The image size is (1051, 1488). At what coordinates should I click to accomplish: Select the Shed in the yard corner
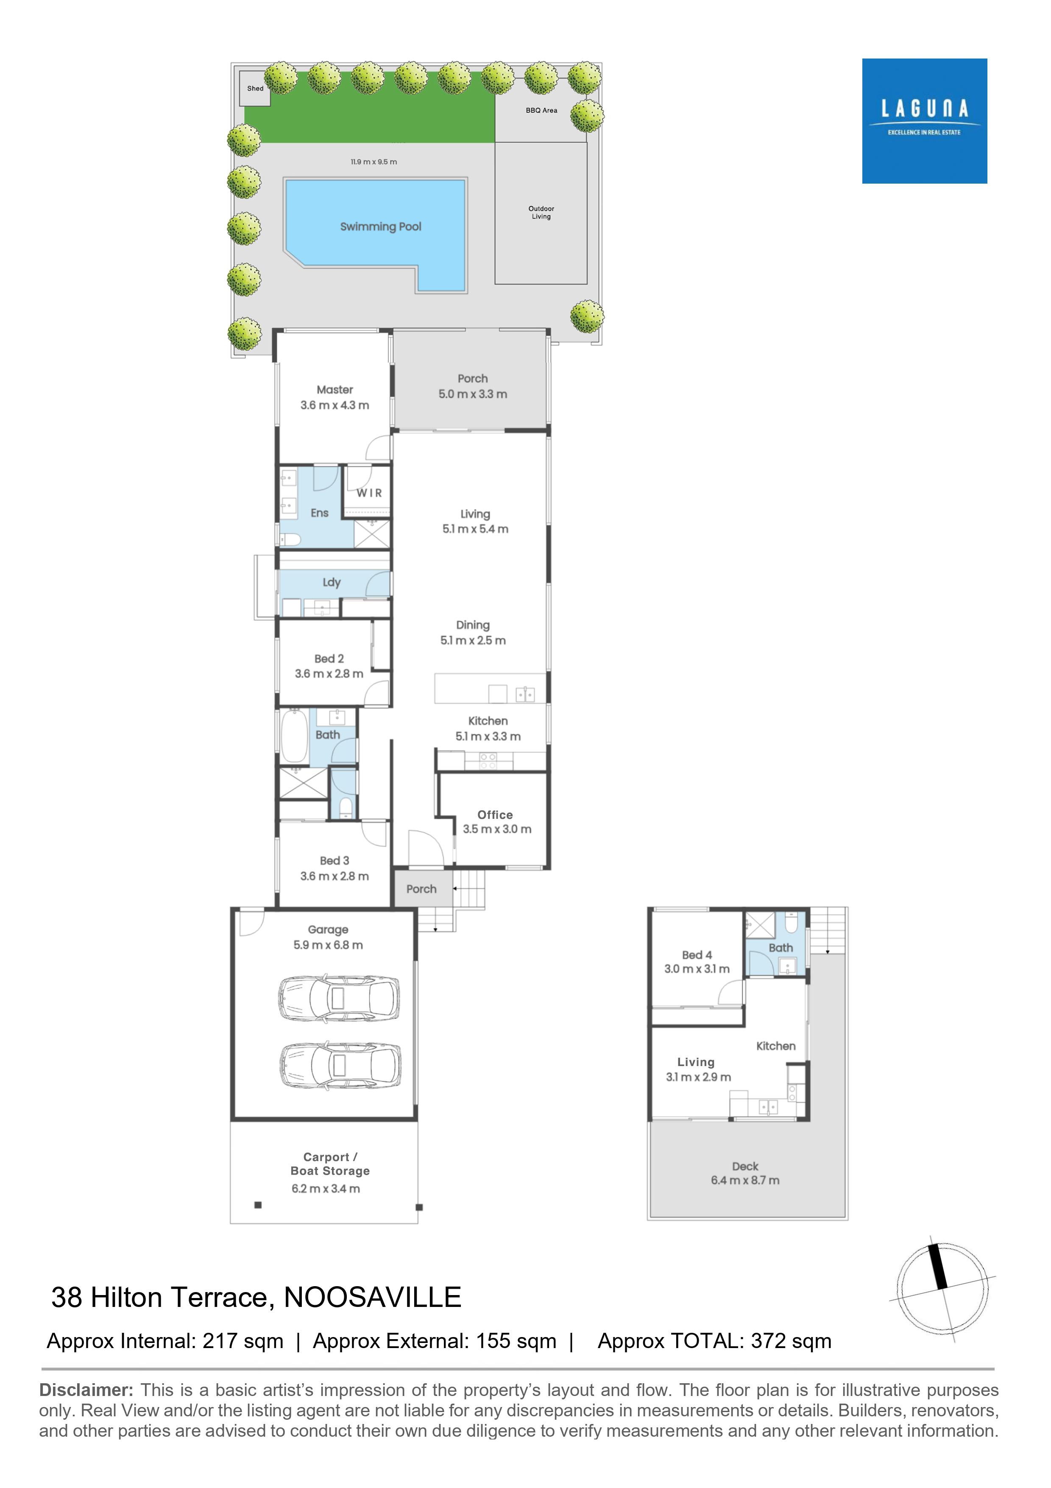[x=255, y=89]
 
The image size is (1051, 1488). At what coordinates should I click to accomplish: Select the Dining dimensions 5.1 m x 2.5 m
[x=473, y=640]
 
